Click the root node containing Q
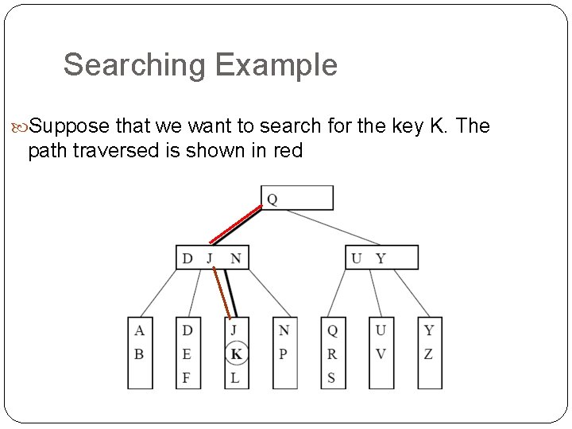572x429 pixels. tap(297, 198)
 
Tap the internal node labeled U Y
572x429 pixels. tap(381, 257)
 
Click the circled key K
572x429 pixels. tap(236, 354)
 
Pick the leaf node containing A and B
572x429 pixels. tap(140, 353)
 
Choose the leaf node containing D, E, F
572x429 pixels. tap(187, 353)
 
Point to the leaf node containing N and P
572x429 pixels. tap(284, 353)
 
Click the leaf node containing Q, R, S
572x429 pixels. tap(332, 353)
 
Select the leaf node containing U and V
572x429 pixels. tap(381, 353)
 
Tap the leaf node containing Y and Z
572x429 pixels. tap(429, 353)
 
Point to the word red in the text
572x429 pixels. tap(287, 150)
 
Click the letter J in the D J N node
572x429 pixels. tap(211, 258)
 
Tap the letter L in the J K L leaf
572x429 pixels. tap(235, 378)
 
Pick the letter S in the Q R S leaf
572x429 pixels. tap(331, 378)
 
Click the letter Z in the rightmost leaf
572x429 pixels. tap(429, 354)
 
